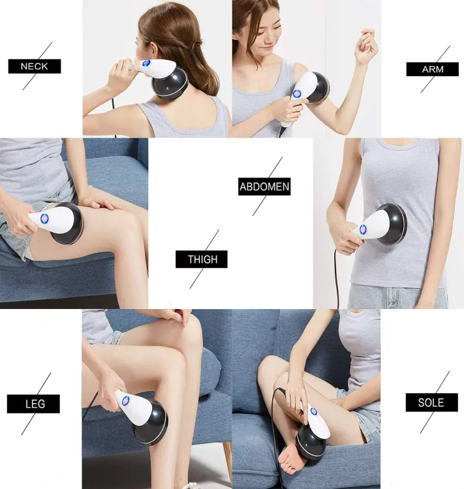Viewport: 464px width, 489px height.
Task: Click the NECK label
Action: coord(35,67)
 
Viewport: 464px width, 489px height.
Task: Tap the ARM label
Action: coord(432,69)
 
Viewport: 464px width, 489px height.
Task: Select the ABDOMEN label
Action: coord(264,187)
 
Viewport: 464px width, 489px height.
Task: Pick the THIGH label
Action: coord(201,259)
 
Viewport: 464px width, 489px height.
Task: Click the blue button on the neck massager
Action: coord(146,64)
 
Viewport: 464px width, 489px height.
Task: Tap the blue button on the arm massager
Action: coord(298,94)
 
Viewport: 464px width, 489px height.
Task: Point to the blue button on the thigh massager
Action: coord(44,218)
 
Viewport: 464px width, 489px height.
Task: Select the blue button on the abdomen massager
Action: coord(364,230)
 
